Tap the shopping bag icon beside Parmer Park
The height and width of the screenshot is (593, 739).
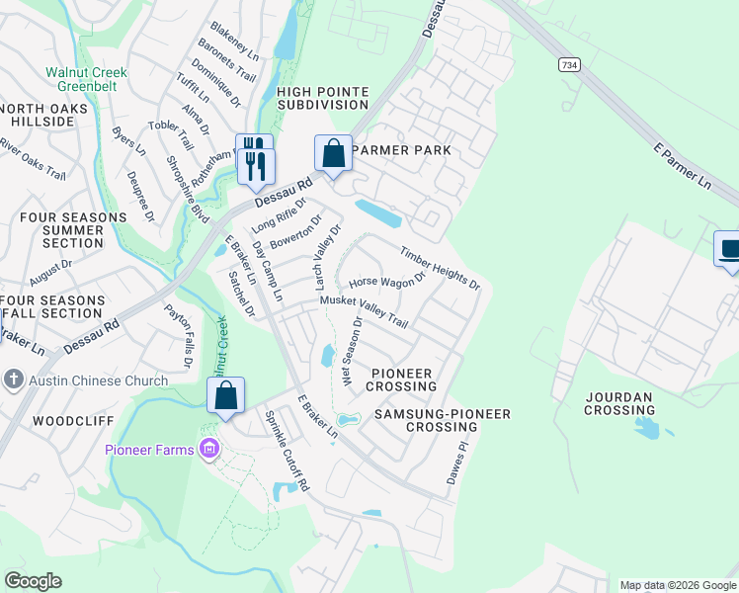(333, 154)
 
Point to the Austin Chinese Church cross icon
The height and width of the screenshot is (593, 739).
(13, 380)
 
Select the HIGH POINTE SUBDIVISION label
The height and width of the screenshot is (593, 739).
(323, 99)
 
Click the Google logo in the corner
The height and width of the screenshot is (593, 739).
(33, 581)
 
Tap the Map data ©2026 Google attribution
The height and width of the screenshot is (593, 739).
(677, 585)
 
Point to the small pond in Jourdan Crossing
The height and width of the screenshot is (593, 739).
(649, 427)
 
